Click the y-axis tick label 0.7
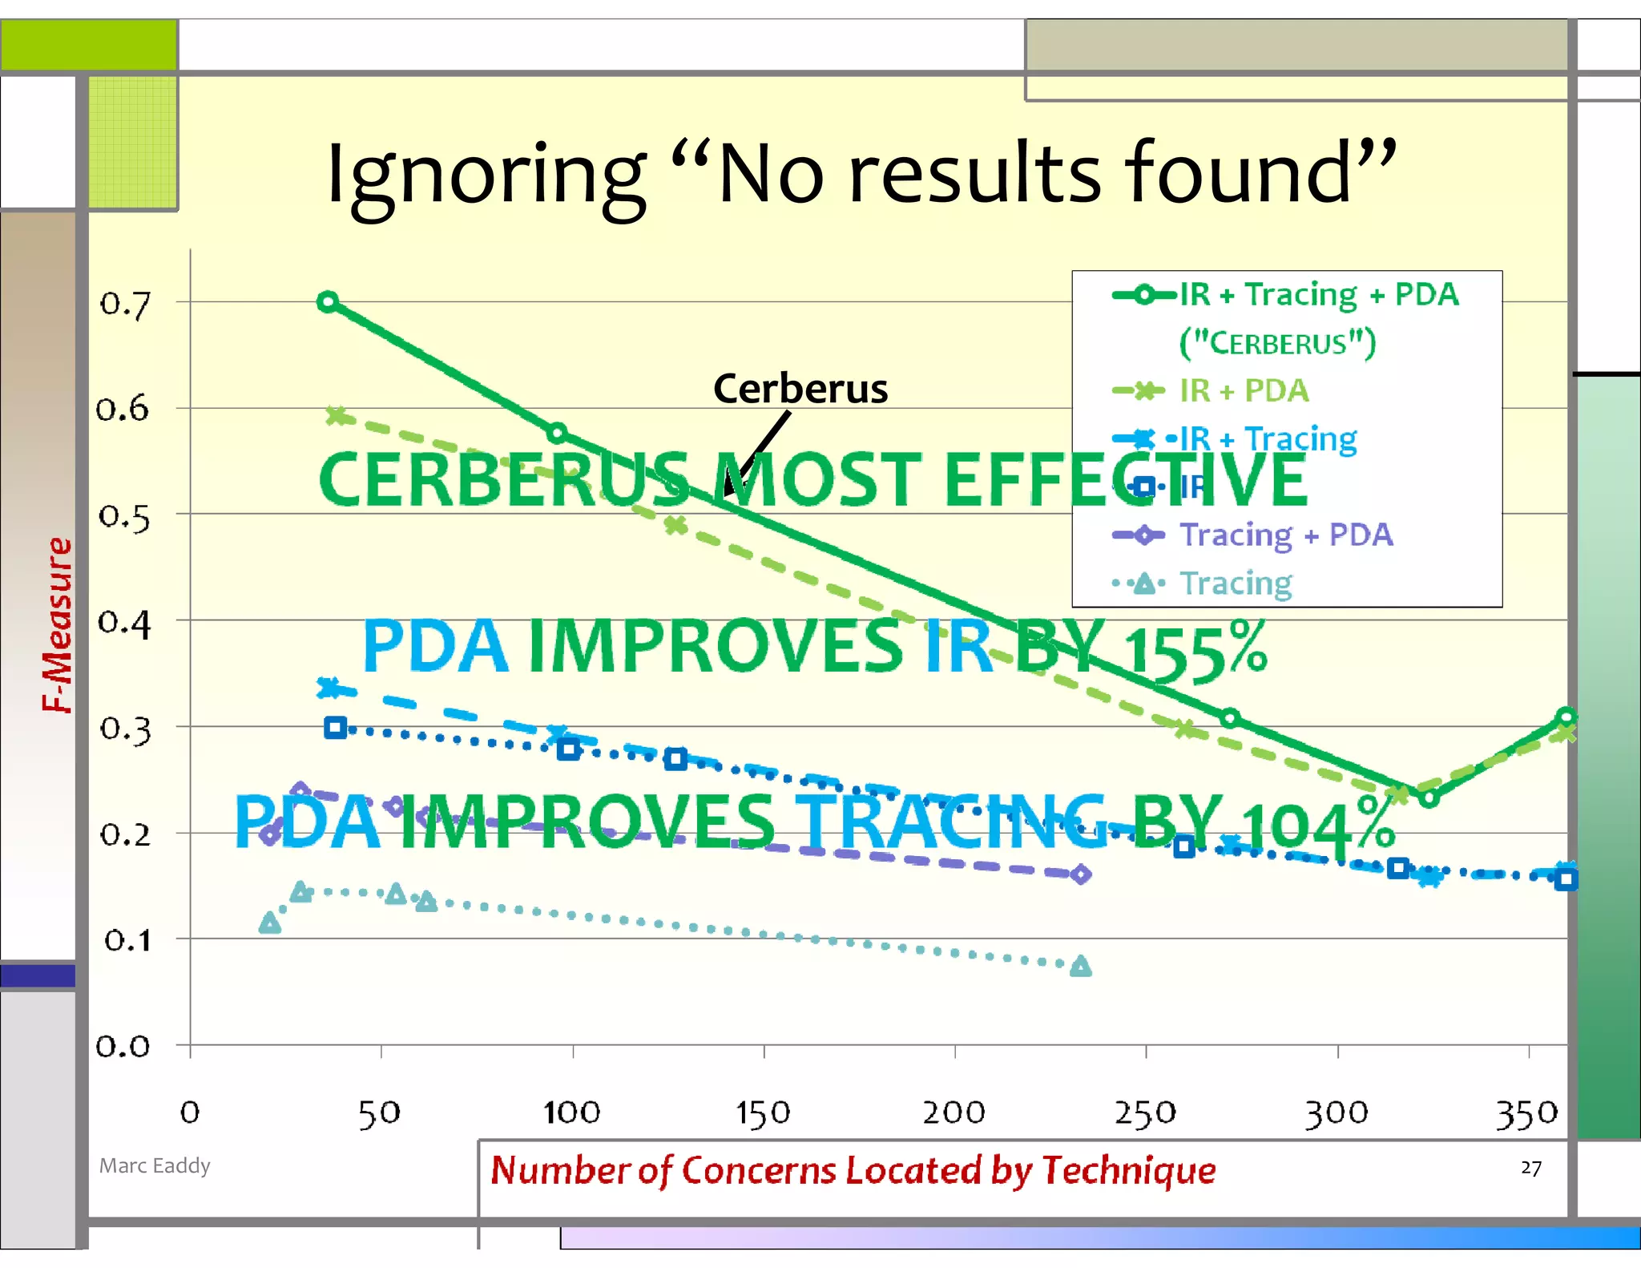(x=124, y=305)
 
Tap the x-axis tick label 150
(x=763, y=1113)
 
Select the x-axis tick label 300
(x=1337, y=1113)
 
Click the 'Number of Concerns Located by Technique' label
(x=853, y=1170)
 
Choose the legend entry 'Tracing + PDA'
(x=1285, y=535)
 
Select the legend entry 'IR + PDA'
(x=1244, y=391)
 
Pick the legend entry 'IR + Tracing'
(x=1268, y=439)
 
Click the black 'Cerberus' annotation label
(x=800, y=389)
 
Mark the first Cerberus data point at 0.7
(x=328, y=302)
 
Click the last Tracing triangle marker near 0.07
(x=1081, y=966)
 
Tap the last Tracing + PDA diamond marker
(x=1081, y=874)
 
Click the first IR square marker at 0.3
(x=336, y=728)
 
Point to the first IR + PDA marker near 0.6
(x=337, y=416)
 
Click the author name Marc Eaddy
(x=155, y=1165)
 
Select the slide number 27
(x=1530, y=1168)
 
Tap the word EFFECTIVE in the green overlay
(x=1126, y=481)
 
